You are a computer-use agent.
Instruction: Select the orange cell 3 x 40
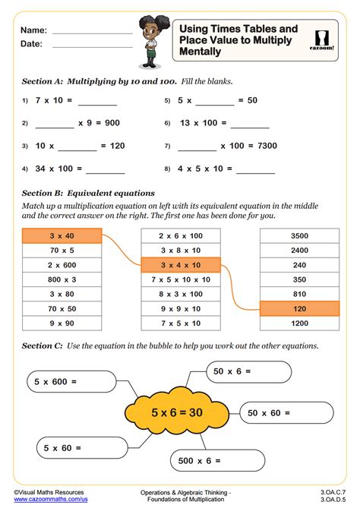click(62, 235)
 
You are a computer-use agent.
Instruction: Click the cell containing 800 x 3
click(62, 279)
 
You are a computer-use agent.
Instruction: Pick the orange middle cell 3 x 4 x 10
click(180, 265)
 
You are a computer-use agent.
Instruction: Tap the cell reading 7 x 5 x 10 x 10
click(180, 279)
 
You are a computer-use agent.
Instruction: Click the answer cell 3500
click(298, 235)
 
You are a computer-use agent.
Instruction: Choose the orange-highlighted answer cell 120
click(298, 308)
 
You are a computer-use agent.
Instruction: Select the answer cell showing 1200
click(298, 323)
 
